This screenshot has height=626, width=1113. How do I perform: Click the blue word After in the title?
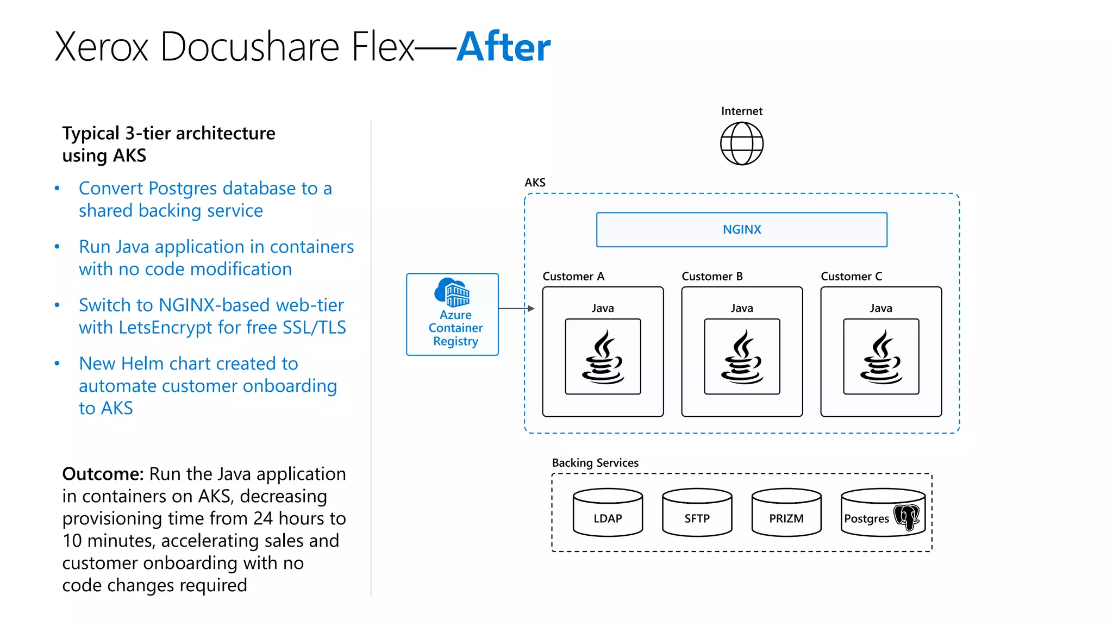(503, 47)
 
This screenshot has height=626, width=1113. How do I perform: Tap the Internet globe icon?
(741, 143)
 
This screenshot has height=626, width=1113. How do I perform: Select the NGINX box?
(741, 230)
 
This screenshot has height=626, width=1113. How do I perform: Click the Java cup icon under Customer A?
(603, 356)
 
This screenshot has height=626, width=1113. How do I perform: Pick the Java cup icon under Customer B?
(742, 356)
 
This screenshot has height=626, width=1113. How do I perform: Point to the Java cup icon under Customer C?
(881, 356)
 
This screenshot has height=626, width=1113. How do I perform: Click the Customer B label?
(712, 276)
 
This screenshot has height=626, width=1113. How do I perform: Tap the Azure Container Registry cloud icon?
(452, 292)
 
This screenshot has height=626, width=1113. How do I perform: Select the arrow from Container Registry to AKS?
(516, 308)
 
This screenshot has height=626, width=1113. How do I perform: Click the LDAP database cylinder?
(608, 512)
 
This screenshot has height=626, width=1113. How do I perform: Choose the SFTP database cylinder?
(697, 512)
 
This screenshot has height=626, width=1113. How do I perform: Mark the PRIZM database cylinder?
(786, 512)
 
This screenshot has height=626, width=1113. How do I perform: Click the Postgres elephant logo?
(906, 516)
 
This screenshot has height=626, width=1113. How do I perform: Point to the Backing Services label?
(595, 462)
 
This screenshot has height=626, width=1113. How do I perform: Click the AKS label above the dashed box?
(535, 183)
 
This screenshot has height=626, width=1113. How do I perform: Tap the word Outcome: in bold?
(103, 474)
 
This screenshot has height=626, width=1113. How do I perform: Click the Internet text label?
(741, 111)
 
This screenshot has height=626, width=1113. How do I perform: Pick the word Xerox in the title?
(102, 47)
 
